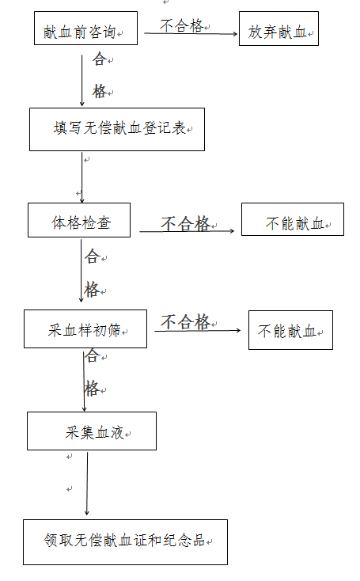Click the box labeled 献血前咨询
tap(85, 28)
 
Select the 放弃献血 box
tap(279, 28)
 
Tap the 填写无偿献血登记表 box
tap(117, 129)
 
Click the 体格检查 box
tap(79, 220)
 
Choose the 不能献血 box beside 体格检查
tap(293, 219)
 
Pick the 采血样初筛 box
tap(85, 328)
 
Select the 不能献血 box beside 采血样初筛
tap(290, 330)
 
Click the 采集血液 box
tap(92, 431)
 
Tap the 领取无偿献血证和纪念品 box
tap(125, 542)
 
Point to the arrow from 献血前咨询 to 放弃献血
tap(191, 34)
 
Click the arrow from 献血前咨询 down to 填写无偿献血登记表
tap(81, 81)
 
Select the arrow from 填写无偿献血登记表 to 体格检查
tap(81, 178)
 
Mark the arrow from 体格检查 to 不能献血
tap(187, 231)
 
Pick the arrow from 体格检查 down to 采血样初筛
tap(81, 271)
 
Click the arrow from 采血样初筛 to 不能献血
tap(198, 331)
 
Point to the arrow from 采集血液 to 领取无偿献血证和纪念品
tap(87, 484)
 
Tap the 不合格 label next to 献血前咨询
tap(181, 25)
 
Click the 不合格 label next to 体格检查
tap(186, 223)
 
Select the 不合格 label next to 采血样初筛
tap(186, 321)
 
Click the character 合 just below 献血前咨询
tap(100, 59)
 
